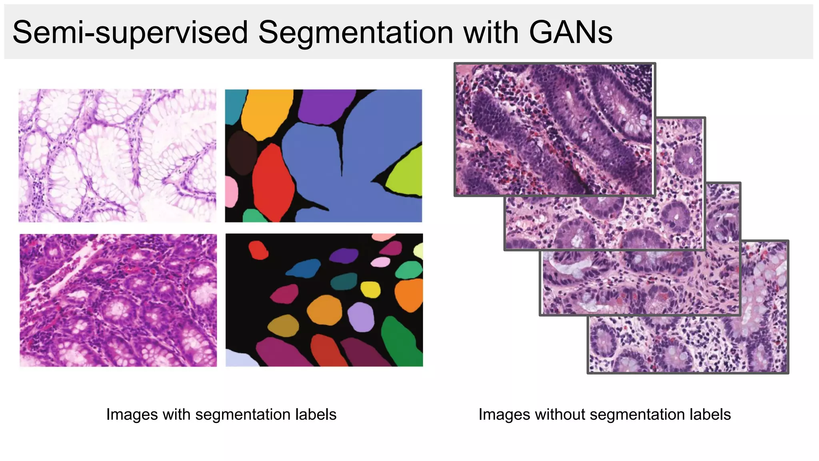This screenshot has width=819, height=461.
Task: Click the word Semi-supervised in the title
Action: pos(130,33)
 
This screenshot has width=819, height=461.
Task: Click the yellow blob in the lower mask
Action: pos(370,289)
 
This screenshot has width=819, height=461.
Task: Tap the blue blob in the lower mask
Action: pos(304,269)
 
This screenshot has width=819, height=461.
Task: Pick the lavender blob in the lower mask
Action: pos(361,317)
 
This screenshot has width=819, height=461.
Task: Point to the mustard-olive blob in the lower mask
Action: pos(284,326)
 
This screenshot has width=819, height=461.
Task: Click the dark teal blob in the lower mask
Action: pos(344,281)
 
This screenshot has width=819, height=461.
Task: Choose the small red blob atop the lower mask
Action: pos(258,250)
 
